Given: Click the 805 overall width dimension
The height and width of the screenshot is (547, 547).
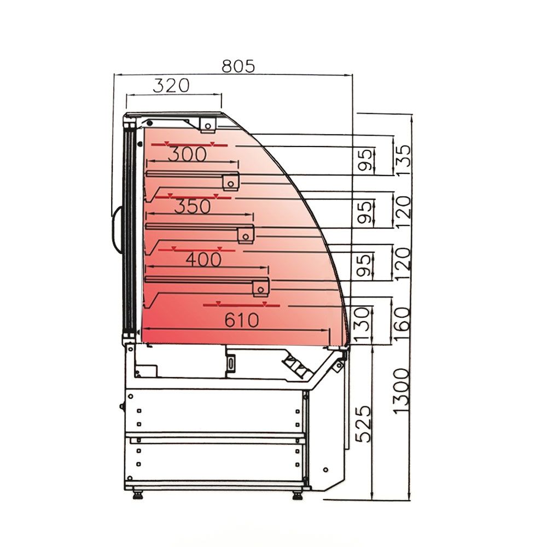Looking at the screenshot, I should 238,66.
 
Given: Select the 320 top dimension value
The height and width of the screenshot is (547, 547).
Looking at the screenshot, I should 171,86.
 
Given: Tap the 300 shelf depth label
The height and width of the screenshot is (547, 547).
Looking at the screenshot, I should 187,155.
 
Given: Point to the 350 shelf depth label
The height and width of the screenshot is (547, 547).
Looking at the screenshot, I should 192,207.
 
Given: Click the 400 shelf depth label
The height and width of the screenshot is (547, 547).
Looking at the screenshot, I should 203,259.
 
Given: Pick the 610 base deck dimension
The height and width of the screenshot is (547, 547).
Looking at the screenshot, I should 242,320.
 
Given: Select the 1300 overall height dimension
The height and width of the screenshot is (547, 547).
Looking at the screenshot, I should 402,391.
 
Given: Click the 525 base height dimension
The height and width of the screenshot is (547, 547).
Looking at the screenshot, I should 364,424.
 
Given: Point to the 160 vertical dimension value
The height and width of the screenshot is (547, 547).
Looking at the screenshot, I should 402,323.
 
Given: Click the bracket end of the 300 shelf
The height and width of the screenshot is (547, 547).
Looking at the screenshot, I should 230,182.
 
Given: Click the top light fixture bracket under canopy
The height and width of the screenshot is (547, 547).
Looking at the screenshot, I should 208,125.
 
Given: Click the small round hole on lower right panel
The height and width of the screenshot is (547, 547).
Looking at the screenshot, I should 325,470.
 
